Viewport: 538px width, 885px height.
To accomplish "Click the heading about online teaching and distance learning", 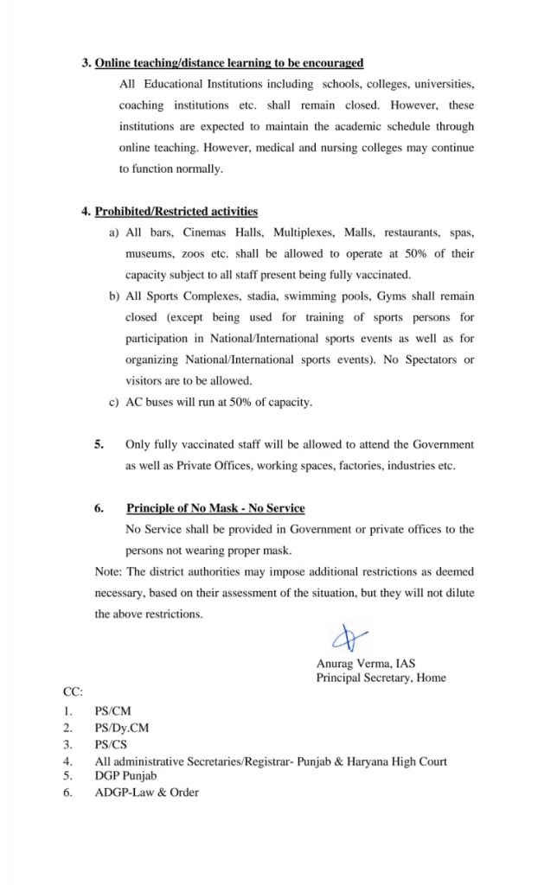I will tap(228, 63).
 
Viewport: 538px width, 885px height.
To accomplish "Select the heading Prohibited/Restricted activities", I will tap(176, 211).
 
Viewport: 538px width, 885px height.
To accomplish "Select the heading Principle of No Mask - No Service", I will tap(215, 508).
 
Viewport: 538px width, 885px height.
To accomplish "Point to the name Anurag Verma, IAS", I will tap(366, 664).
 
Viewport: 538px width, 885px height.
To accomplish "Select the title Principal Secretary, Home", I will tap(381, 678).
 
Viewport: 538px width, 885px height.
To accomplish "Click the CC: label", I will tap(73, 693).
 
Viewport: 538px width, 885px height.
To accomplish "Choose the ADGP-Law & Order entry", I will tap(146, 792).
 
